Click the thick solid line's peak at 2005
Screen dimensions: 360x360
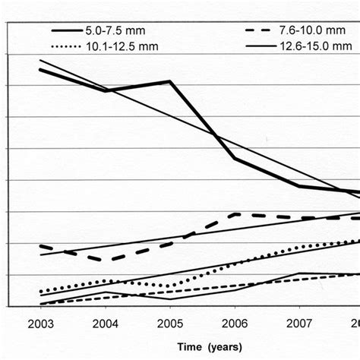(169, 81)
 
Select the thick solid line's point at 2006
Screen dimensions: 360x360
(234, 158)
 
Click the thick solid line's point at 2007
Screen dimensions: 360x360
(298, 186)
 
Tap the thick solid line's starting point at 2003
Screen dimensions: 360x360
(41, 70)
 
